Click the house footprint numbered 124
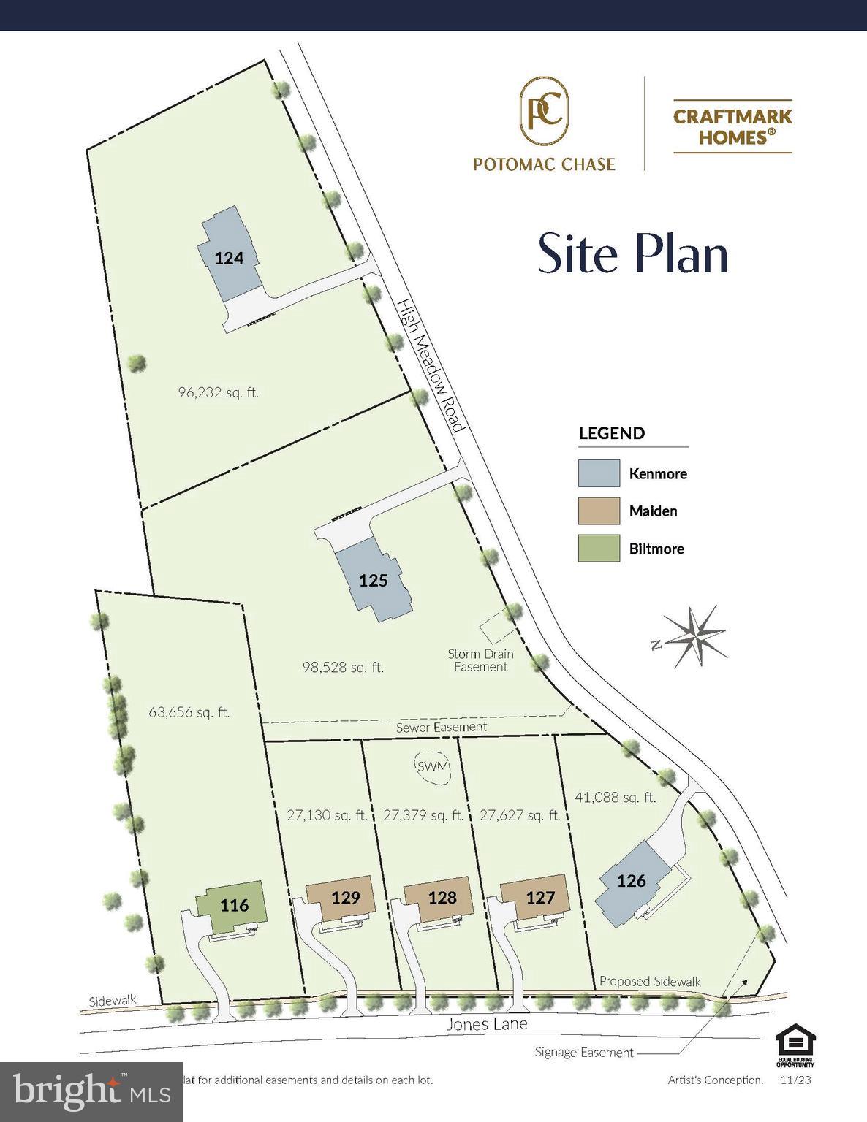click(x=229, y=257)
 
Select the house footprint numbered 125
click(x=373, y=580)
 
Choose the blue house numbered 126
click(x=631, y=882)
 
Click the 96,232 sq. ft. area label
click(x=218, y=392)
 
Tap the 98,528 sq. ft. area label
click(x=343, y=667)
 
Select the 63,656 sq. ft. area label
click(x=189, y=711)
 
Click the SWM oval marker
click(x=432, y=767)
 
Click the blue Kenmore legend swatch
click(x=599, y=473)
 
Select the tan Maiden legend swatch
click(x=599, y=511)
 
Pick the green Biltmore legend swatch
click(x=599, y=549)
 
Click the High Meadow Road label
click(x=431, y=365)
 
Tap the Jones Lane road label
click(x=486, y=1024)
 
